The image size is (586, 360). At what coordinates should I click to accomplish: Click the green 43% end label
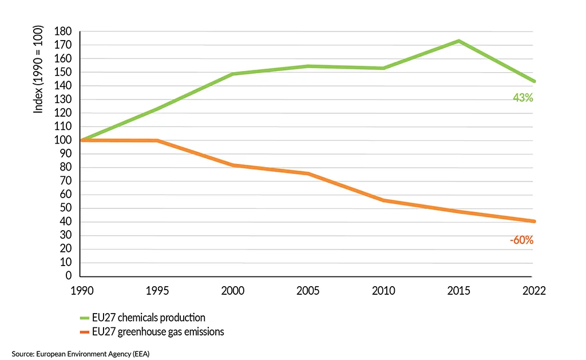522,98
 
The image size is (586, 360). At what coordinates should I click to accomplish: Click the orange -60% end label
521,240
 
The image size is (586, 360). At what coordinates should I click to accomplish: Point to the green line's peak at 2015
458,41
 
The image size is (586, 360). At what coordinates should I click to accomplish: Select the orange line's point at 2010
383,200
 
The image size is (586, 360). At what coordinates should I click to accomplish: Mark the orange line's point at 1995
157,141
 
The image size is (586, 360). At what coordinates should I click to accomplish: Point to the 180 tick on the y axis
64,31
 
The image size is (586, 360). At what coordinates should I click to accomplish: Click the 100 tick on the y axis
64,140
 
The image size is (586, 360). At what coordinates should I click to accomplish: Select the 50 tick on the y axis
66,208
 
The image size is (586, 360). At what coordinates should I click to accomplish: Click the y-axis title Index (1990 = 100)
38,69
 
